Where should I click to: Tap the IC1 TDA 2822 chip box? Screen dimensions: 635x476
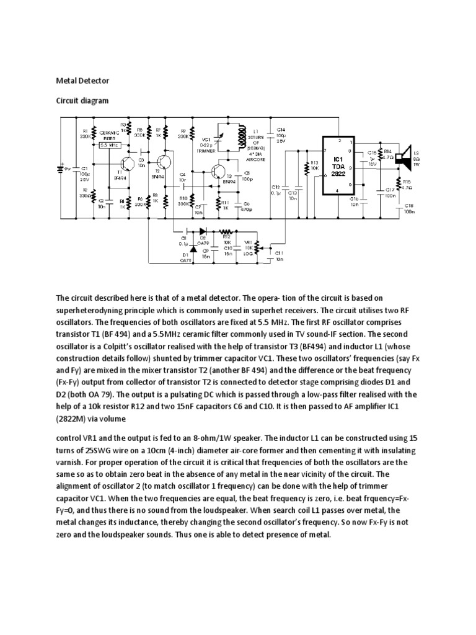tap(338, 166)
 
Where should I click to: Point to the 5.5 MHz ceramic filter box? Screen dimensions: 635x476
tap(112, 144)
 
